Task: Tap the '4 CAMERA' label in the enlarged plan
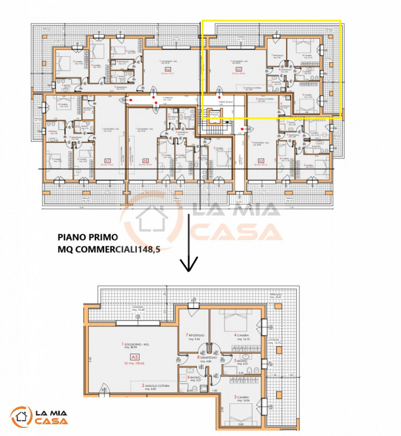(x=242, y=337)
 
